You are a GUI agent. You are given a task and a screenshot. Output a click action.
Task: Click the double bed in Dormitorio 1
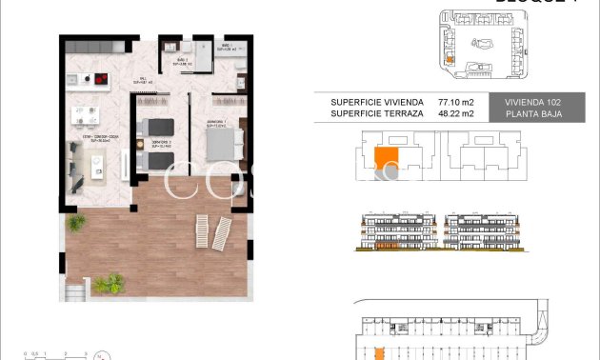coord(226,143)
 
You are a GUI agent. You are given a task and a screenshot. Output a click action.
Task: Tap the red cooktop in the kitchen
coord(99,82)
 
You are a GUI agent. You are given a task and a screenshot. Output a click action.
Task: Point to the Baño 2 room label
coord(175,63)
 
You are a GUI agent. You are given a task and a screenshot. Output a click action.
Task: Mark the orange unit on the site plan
coord(449,59)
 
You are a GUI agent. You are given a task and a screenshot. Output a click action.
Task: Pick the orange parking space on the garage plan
coord(379,353)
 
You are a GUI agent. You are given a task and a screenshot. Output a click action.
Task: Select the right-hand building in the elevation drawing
coord(484,232)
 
